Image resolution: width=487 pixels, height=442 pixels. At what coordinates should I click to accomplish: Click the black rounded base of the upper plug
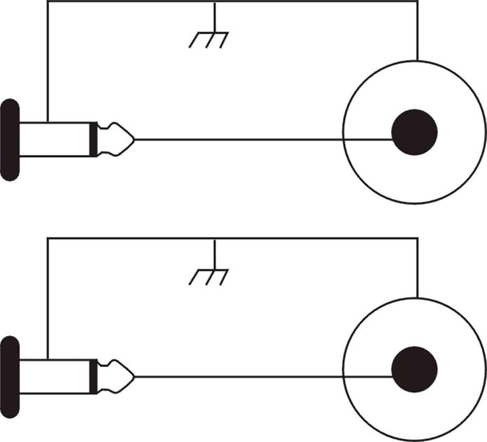(10, 139)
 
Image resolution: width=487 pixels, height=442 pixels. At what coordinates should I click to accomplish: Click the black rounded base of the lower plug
(10, 377)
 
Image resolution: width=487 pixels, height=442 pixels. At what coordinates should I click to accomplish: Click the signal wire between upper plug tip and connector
(237, 139)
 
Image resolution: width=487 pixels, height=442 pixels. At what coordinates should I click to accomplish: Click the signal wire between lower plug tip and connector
(237, 377)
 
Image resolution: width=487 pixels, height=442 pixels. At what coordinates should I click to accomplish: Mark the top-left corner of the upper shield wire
(47, 2)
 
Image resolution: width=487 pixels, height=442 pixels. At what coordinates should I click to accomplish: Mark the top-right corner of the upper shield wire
(418, 2)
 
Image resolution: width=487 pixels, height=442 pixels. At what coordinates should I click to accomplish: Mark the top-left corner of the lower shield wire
(47, 240)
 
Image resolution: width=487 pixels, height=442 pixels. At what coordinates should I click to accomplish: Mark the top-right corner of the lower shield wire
(418, 240)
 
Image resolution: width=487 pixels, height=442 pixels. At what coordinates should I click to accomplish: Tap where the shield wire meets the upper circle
(418, 61)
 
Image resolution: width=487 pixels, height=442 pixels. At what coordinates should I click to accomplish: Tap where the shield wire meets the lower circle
(418, 299)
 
